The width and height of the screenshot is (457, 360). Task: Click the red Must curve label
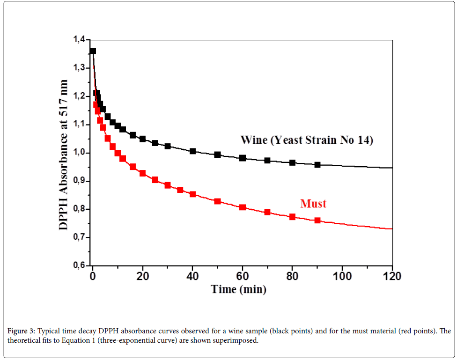(x=313, y=204)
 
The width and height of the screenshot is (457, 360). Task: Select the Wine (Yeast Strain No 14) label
(x=306, y=140)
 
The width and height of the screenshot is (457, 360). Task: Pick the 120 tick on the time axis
(x=391, y=276)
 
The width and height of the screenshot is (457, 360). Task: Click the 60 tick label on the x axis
(x=242, y=276)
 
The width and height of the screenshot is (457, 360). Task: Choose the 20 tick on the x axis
(x=142, y=276)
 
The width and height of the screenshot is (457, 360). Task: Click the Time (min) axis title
(x=239, y=289)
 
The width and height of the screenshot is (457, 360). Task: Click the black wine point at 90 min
(x=317, y=165)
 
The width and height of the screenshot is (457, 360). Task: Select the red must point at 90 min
(x=317, y=220)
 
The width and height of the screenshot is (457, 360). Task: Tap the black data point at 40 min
(x=192, y=151)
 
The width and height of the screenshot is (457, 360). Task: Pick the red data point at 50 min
(x=217, y=201)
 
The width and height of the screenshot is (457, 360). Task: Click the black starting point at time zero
(x=93, y=51)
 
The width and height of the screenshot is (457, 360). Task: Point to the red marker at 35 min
(x=180, y=190)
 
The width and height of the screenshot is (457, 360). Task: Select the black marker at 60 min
(x=243, y=158)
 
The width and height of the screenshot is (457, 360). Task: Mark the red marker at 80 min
(x=292, y=217)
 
